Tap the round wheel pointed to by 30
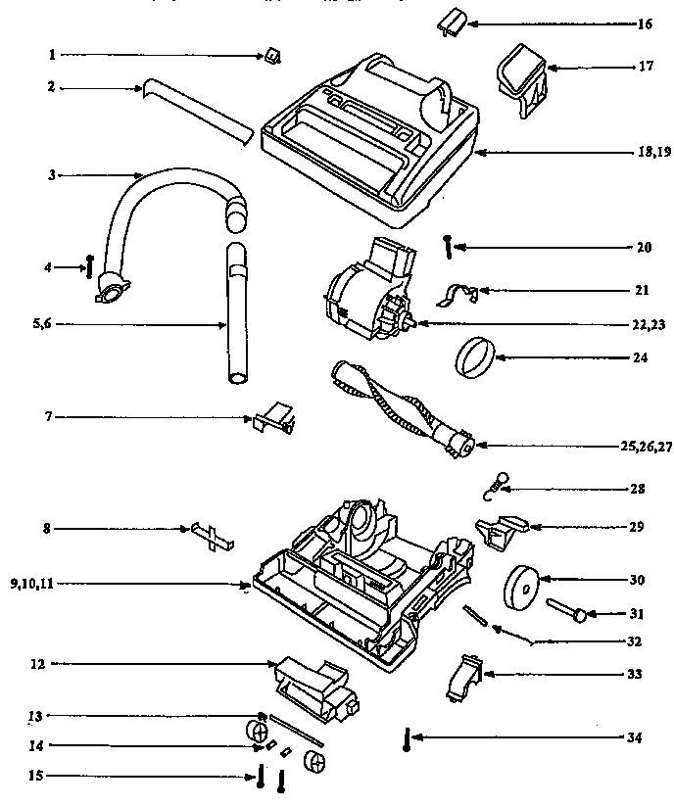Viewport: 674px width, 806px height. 519,589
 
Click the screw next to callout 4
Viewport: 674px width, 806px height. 90,265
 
